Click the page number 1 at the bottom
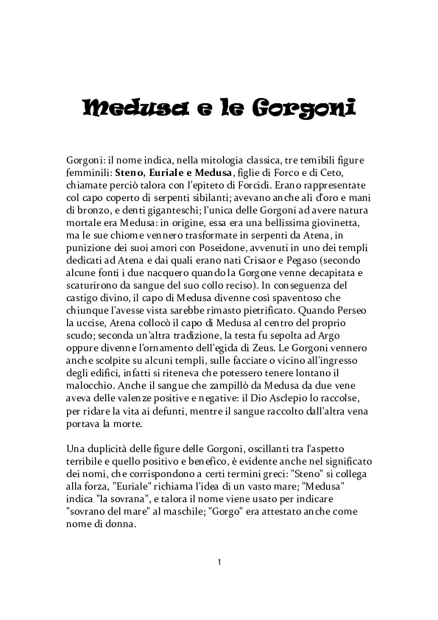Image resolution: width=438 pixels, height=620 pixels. tap(219, 563)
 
